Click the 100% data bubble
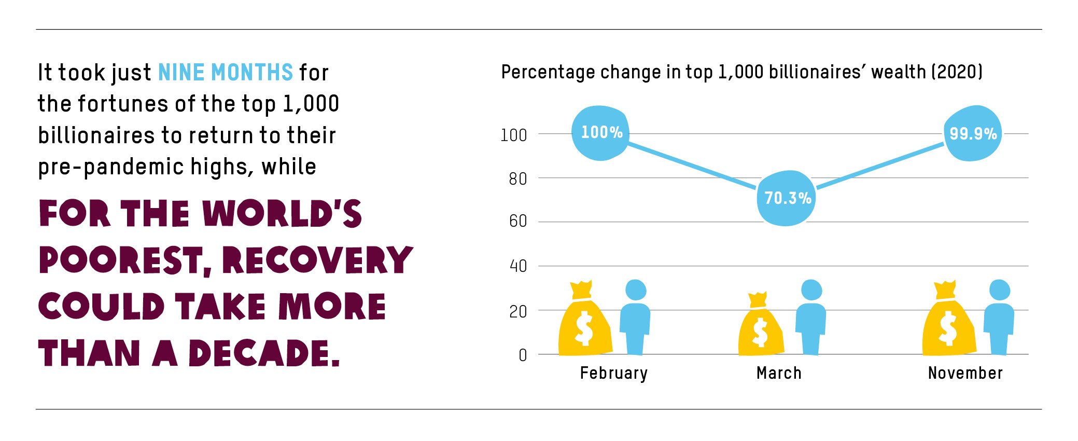coord(600,133)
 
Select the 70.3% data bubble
coord(787,198)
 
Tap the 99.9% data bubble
coord(972,133)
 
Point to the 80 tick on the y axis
coord(517,179)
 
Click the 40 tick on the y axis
coord(518,266)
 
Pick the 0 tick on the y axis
coord(523,355)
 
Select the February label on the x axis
coord(613,373)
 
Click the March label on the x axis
coord(779,373)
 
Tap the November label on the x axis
coord(965,373)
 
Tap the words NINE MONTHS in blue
coord(226,73)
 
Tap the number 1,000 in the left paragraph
coord(311,104)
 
